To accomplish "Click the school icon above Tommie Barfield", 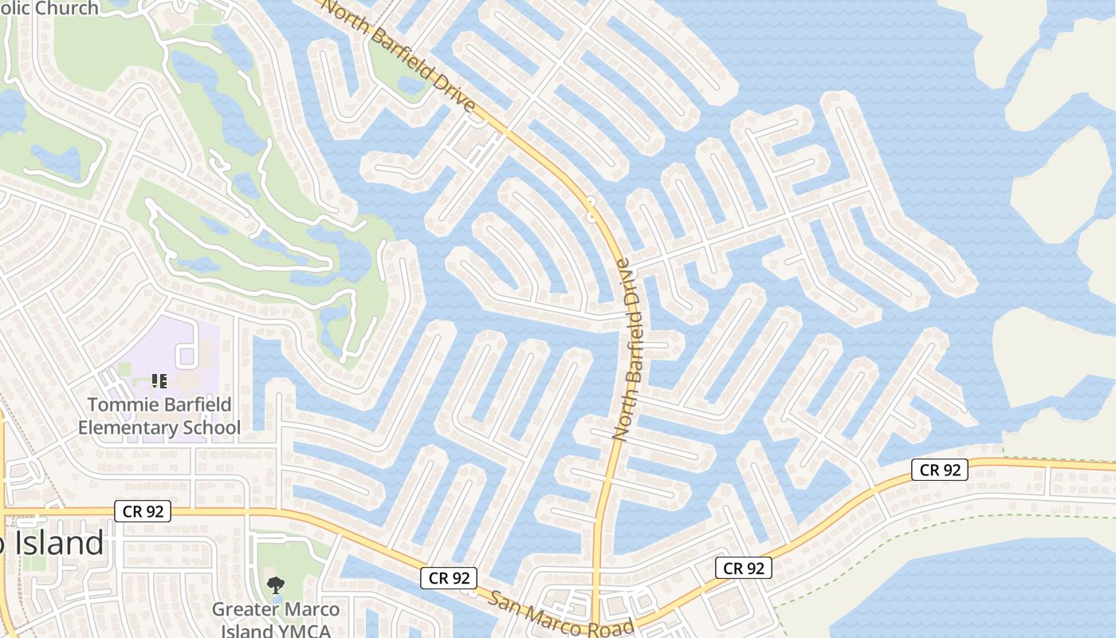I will (159, 382).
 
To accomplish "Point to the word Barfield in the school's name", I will (191, 404).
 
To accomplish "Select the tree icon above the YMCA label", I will (275, 585).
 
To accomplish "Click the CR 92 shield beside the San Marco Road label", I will (450, 578).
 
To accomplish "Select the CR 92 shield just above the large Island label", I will (143, 511).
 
